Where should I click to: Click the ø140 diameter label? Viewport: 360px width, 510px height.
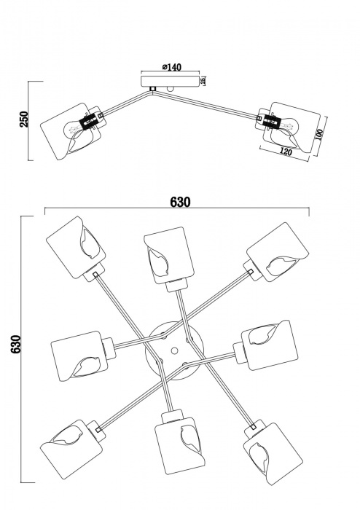tap(170, 68)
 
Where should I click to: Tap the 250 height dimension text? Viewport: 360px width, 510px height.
tap(24, 121)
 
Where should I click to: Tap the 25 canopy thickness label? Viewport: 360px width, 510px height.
tap(203, 80)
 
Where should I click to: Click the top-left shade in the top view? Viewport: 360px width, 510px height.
tap(76, 246)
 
